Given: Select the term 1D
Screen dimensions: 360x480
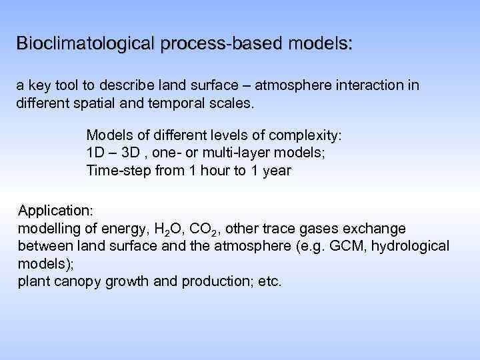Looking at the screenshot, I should coord(96,153).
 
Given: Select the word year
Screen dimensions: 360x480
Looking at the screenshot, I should coord(276,170).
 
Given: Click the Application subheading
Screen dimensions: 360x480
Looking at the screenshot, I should coord(55,211).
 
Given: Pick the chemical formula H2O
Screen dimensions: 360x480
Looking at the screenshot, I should coord(167,229).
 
